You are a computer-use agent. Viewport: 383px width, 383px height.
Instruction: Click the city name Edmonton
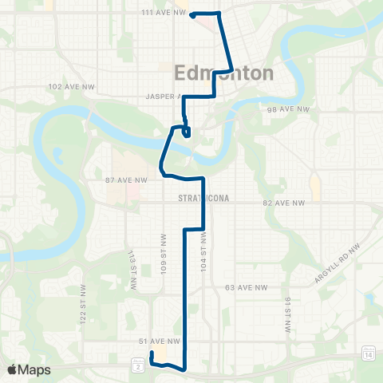(x=223, y=73)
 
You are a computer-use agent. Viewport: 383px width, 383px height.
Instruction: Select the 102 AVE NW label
(x=66, y=86)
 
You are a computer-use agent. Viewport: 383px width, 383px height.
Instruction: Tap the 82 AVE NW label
(x=284, y=203)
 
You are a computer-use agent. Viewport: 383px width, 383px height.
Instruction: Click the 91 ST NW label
(x=286, y=312)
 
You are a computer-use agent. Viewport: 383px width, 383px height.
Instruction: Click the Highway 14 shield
(x=368, y=353)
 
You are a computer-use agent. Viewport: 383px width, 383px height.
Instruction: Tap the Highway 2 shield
(x=138, y=365)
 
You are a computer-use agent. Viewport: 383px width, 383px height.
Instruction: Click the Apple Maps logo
(x=29, y=369)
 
